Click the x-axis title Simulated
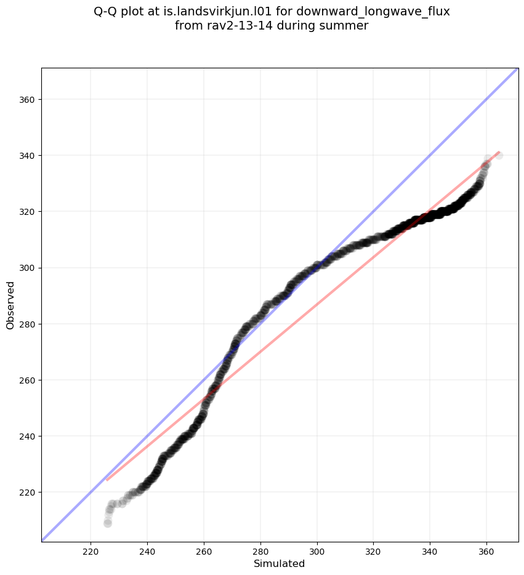(280, 564)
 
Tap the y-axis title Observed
(10, 305)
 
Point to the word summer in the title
(348, 26)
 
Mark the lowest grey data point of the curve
(108, 523)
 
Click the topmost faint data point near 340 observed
(499, 155)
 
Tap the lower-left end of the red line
(107, 480)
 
